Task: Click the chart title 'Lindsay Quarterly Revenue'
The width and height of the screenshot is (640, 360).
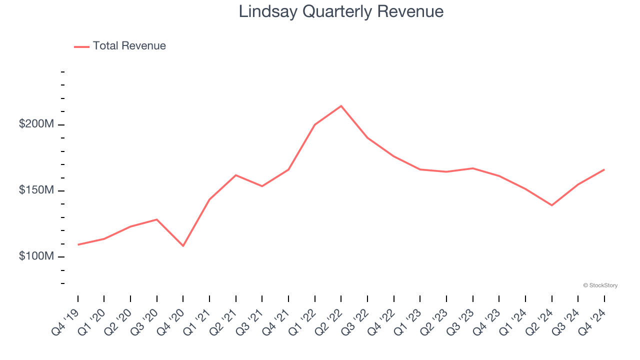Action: (x=341, y=11)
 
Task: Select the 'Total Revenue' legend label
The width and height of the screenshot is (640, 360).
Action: (x=129, y=46)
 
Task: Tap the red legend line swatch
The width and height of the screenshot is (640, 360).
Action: (x=81, y=46)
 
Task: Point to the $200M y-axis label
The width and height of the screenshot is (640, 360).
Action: (x=36, y=124)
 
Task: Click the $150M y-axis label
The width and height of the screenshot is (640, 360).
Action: (x=36, y=190)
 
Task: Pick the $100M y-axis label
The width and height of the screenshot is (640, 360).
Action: (x=36, y=256)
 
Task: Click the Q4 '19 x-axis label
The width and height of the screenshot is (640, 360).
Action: (x=66, y=321)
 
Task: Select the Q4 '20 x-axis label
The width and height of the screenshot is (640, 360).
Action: (x=171, y=321)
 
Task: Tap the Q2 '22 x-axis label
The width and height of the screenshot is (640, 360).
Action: (x=329, y=321)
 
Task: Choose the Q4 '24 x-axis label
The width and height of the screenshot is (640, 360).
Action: (x=592, y=321)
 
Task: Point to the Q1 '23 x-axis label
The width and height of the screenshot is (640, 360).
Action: (x=408, y=321)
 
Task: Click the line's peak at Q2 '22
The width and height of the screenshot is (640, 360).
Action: (x=341, y=106)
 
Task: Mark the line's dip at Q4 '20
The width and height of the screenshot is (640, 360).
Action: (x=183, y=246)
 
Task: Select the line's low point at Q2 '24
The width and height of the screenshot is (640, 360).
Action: (x=551, y=205)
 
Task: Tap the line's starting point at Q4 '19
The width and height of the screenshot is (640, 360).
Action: (x=78, y=244)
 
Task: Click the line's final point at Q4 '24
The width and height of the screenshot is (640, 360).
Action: (x=604, y=169)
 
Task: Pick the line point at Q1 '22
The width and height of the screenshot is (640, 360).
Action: (x=315, y=124)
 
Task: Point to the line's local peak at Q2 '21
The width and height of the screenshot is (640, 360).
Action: (x=236, y=175)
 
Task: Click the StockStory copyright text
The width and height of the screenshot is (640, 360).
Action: (x=600, y=285)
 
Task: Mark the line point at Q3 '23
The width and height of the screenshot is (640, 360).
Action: (x=472, y=168)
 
